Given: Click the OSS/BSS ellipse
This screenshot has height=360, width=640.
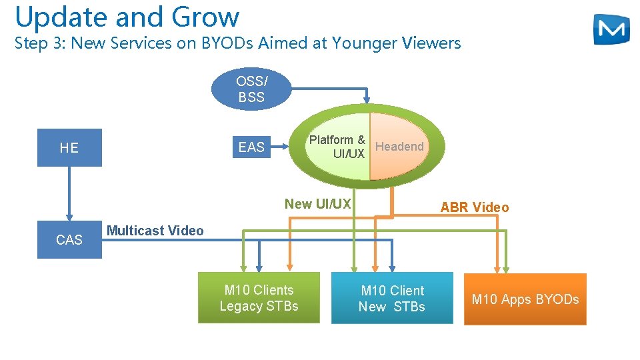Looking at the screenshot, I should pos(251,89).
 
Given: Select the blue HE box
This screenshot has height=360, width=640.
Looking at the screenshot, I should pos(69,147).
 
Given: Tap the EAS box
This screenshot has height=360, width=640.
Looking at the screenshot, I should pos(251,147).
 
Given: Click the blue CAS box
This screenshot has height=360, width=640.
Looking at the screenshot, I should pos(69,239).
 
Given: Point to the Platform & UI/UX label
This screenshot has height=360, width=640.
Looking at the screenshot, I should pos(337,147).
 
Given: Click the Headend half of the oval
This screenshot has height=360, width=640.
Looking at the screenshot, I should pos(399,147).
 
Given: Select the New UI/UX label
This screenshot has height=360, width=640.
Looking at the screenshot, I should pos(317,204).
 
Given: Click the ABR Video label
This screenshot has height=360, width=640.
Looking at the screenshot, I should pos(474,207).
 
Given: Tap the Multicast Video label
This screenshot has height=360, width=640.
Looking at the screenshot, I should pos(155,231).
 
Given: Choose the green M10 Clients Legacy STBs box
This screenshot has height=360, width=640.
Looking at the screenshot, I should pos(259,298).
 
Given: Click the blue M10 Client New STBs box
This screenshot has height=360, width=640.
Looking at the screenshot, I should pos(392,298).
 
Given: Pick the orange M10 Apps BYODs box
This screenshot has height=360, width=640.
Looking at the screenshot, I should pos(525,299).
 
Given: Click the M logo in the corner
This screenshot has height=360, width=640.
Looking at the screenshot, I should pos(611,29).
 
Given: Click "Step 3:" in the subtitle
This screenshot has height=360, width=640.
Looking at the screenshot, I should pos(40,44).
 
